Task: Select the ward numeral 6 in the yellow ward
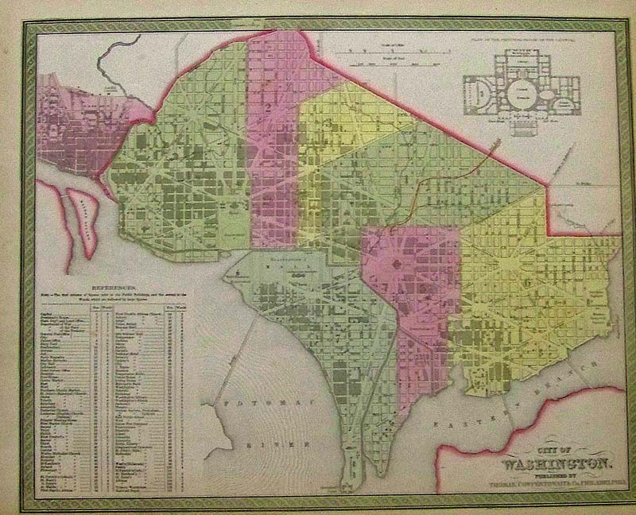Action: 525,282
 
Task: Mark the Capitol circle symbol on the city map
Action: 395,263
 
